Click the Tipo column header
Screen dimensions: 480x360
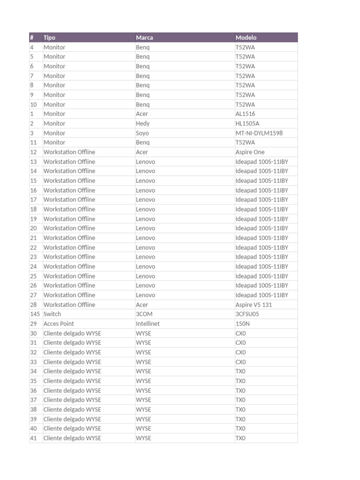point(49,37)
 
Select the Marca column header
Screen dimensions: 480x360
point(144,37)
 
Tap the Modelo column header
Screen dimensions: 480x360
point(246,37)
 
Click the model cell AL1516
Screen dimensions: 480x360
point(245,114)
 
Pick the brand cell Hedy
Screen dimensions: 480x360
point(142,123)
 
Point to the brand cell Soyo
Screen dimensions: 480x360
point(142,133)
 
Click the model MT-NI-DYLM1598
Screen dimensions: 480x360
point(259,133)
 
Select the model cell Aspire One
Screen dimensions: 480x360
point(250,152)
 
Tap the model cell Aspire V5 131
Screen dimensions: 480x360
point(254,305)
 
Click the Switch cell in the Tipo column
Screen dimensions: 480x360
point(52,314)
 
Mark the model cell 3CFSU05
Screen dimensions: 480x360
point(247,314)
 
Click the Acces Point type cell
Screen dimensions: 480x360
point(59,323)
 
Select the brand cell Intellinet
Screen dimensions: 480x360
point(148,323)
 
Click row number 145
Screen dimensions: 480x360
point(35,314)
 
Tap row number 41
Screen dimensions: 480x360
point(33,438)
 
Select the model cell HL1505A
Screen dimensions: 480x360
point(247,123)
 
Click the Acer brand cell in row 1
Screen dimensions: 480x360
point(142,114)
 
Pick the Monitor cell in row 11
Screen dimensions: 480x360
point(54,142)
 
